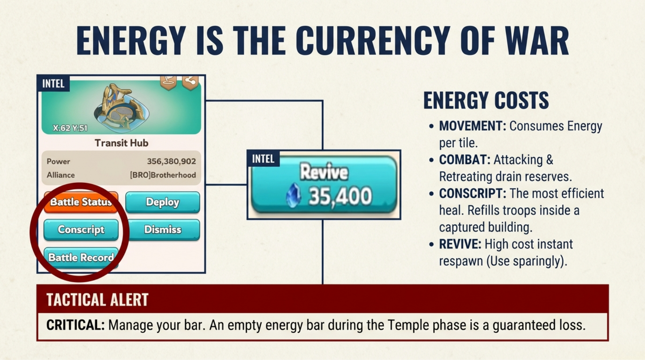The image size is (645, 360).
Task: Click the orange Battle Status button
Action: click(81, 202)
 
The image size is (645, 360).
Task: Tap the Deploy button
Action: click(162, 202)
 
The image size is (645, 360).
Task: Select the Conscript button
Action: click(81, 230)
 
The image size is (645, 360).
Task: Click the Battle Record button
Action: click(81, 257)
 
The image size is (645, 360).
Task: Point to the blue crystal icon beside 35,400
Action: click(293, 195)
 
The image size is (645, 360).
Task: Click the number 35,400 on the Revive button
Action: click(340, 196)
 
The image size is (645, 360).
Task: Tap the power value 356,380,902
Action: click(171, 161)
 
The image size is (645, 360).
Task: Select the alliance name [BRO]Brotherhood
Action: click(163, 175)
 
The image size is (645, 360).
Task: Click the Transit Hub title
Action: click(121, 143)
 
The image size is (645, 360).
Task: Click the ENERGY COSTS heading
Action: click(486, 100)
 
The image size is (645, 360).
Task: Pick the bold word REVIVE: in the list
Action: click(460, 244)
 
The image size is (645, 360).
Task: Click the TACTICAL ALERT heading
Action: click(97, 300)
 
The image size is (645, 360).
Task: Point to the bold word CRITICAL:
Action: click(75, 325)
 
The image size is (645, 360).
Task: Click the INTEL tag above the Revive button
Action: click(263, 159)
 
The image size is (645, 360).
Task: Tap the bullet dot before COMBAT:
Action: click(431, 160)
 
